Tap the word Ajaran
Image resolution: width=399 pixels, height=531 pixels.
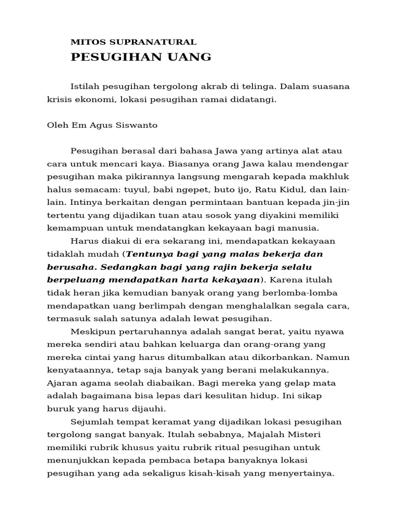point(60,383)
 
